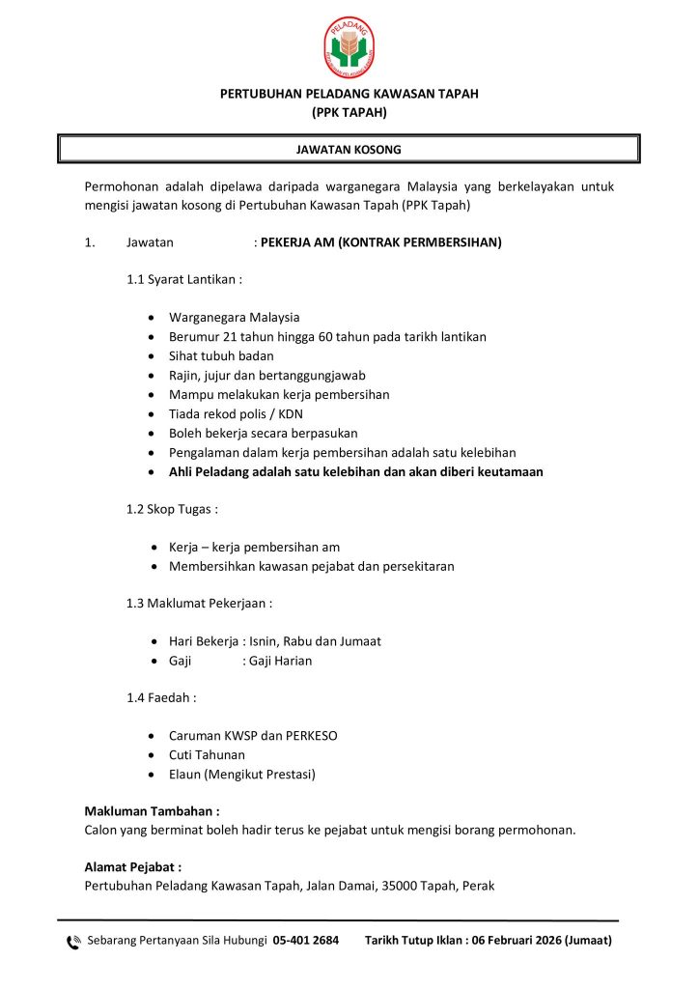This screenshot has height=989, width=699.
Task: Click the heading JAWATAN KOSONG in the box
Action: click(x=349, y=150)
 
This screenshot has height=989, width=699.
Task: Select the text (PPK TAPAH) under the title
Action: click(x=349, y=112)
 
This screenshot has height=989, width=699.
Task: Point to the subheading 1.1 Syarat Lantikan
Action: click(x=183, y=280)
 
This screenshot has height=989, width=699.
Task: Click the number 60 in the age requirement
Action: click(x=326, y=337)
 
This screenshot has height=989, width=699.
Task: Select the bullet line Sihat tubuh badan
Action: click(x=221, y=356)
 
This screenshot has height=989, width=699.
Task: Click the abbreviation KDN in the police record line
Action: click(x=291, y=414)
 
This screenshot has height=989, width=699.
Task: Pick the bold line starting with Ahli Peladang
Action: click(x=355, y=472)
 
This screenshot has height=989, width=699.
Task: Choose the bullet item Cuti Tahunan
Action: click(x=207, y=755)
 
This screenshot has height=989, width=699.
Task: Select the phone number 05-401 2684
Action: click(x=306, y=941)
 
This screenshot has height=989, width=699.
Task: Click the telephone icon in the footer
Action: click(x=73, y=942)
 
